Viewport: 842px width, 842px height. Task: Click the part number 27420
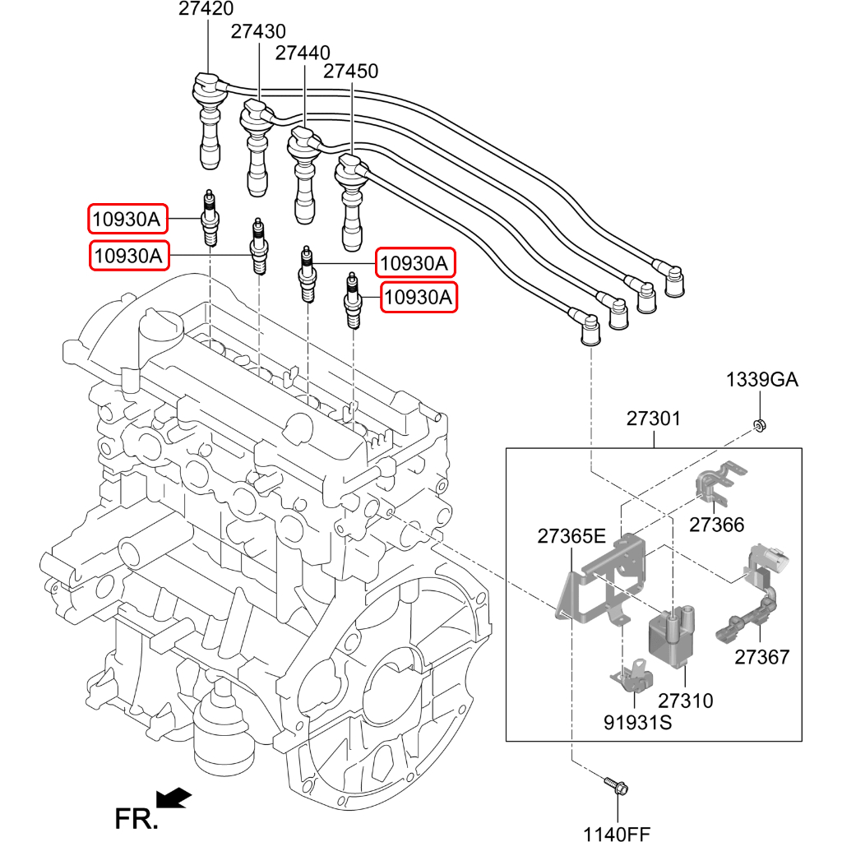[206, 10]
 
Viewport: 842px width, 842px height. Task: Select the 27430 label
[258, 31]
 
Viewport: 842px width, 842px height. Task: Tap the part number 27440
[303, 53]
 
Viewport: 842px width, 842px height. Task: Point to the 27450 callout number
[350, 72]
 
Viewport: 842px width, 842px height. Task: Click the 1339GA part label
[761, 380]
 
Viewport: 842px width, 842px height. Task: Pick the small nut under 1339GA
[760, 425]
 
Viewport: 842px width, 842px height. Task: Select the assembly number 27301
[654, 419]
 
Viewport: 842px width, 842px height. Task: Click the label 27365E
[571, 537]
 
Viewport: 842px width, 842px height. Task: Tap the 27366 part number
[716, 525]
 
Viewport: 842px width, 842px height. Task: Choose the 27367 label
[761, 657]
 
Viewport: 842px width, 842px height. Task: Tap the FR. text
[135, 819]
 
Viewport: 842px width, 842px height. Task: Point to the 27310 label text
[685, 701]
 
